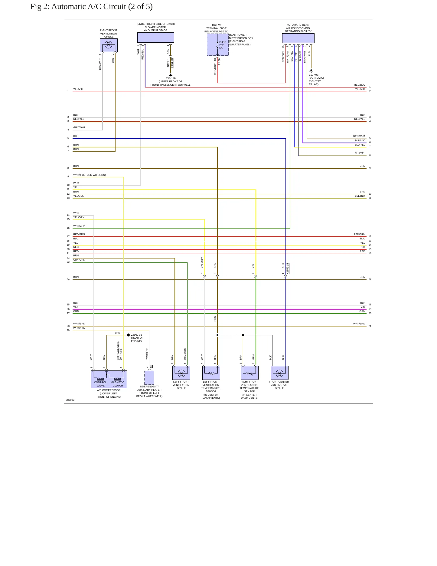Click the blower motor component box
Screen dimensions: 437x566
155,38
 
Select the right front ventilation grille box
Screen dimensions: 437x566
109,45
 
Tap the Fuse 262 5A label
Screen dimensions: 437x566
222,45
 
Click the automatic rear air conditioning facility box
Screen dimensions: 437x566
298,38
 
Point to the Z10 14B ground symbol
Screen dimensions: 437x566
171,75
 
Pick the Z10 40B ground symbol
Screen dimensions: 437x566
311,71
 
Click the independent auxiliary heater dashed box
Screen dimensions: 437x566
149,377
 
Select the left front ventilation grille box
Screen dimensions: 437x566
181,373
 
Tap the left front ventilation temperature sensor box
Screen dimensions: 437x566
211,373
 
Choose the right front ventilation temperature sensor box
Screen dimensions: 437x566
249,373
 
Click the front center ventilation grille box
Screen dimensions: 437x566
279,373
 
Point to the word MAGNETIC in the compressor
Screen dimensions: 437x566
117,382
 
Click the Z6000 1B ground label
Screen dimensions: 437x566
137,335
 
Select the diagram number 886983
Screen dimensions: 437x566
70,400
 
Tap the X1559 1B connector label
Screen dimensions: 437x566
288,268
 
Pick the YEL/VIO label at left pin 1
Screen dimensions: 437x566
78,89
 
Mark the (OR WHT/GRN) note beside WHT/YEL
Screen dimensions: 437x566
97,175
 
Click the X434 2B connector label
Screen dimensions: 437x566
172,63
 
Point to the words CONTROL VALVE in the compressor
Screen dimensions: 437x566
100,384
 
